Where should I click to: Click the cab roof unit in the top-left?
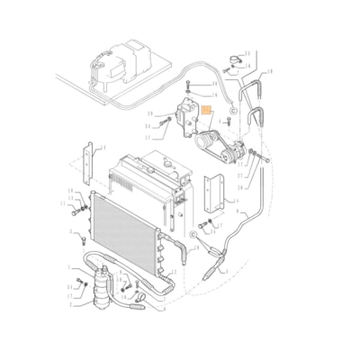[118, 64]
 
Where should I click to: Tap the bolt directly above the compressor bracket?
[187, 87]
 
